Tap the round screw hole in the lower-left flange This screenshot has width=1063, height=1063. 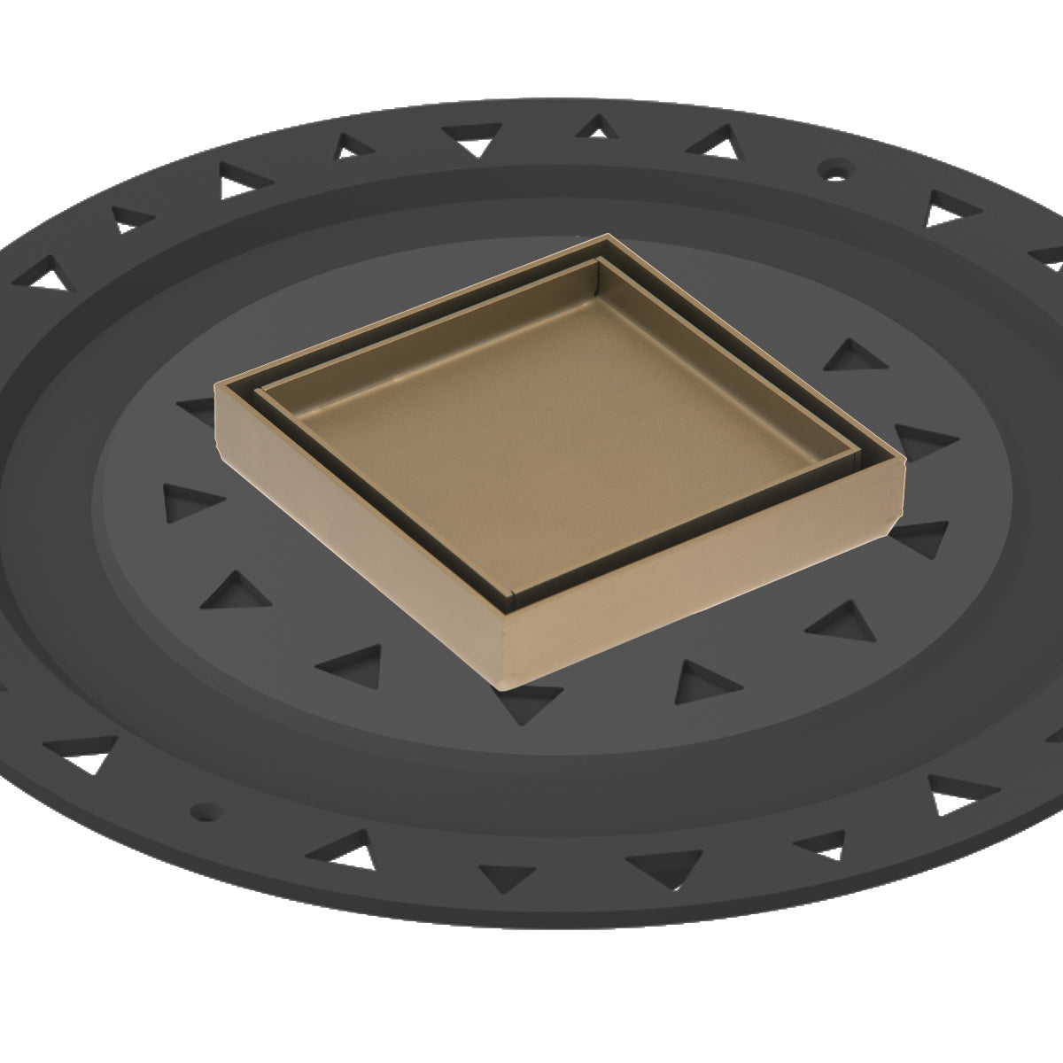[206, 809]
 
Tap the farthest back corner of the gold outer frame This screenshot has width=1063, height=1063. [608, 237]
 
